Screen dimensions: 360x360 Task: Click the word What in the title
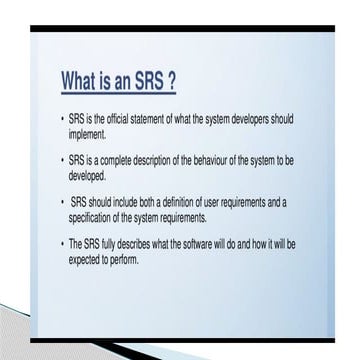(x=84, y=79)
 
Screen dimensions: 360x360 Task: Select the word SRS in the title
(x=157, y=79)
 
